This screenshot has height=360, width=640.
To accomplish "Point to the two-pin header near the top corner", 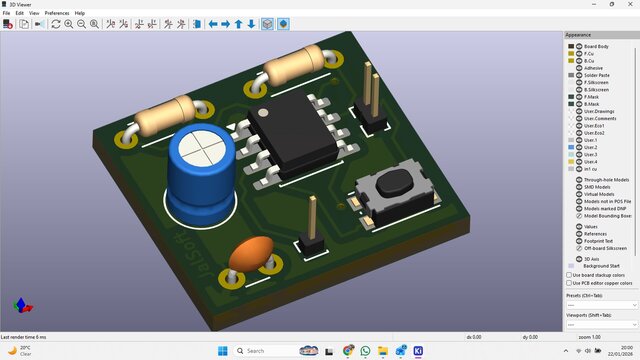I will [x=373, y=100].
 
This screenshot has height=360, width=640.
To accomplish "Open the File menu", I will [x=6, y=13].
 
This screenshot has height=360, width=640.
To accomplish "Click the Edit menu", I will [x=19, y=13].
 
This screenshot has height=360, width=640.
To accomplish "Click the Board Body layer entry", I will [x=596, y=46].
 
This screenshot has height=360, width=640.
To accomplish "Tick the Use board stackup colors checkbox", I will [x=570, y=274].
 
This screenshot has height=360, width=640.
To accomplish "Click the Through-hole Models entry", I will [x=603, y=178].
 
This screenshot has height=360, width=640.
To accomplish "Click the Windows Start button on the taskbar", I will [x=221, y=351].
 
